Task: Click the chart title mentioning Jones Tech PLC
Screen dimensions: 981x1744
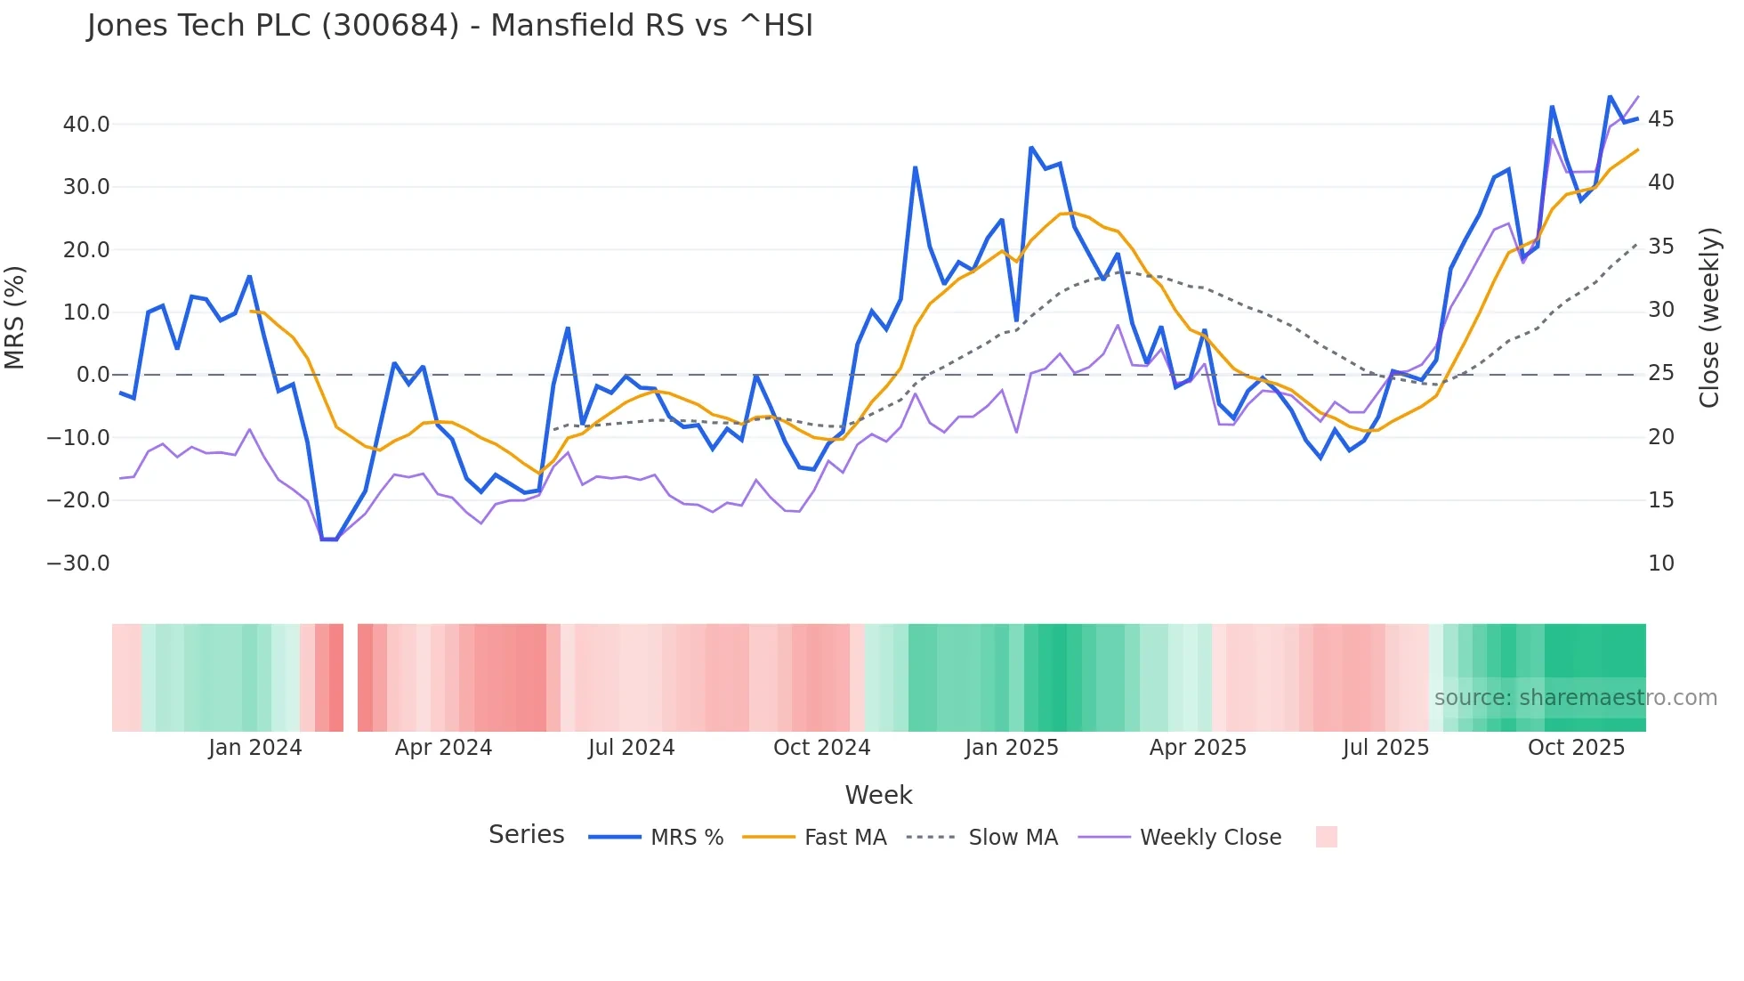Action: [449, 26]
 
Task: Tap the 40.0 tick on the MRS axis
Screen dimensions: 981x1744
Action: [86, 125]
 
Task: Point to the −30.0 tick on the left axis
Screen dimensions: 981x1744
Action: [78, 563]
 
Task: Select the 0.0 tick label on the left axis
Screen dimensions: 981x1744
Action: [93, 375]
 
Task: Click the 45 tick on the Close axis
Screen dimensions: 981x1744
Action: [1660, 119]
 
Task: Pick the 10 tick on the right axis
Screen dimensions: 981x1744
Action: [1660, 563]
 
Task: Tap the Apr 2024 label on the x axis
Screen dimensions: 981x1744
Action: [443, 748]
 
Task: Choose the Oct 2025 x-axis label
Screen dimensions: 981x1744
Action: [1576, 748]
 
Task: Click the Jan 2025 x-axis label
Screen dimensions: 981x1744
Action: [1012, 748]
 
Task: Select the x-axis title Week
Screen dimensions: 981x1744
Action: [878, 795]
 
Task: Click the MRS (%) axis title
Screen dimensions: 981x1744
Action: [15, 317]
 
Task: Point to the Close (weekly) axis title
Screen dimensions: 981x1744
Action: [1709, 318]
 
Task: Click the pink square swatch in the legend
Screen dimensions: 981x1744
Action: [1326, 837]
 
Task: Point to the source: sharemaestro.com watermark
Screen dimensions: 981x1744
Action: [1575, 698]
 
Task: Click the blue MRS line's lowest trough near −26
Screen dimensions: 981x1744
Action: [328, 539]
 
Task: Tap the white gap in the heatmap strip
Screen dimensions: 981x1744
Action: [351, 677]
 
